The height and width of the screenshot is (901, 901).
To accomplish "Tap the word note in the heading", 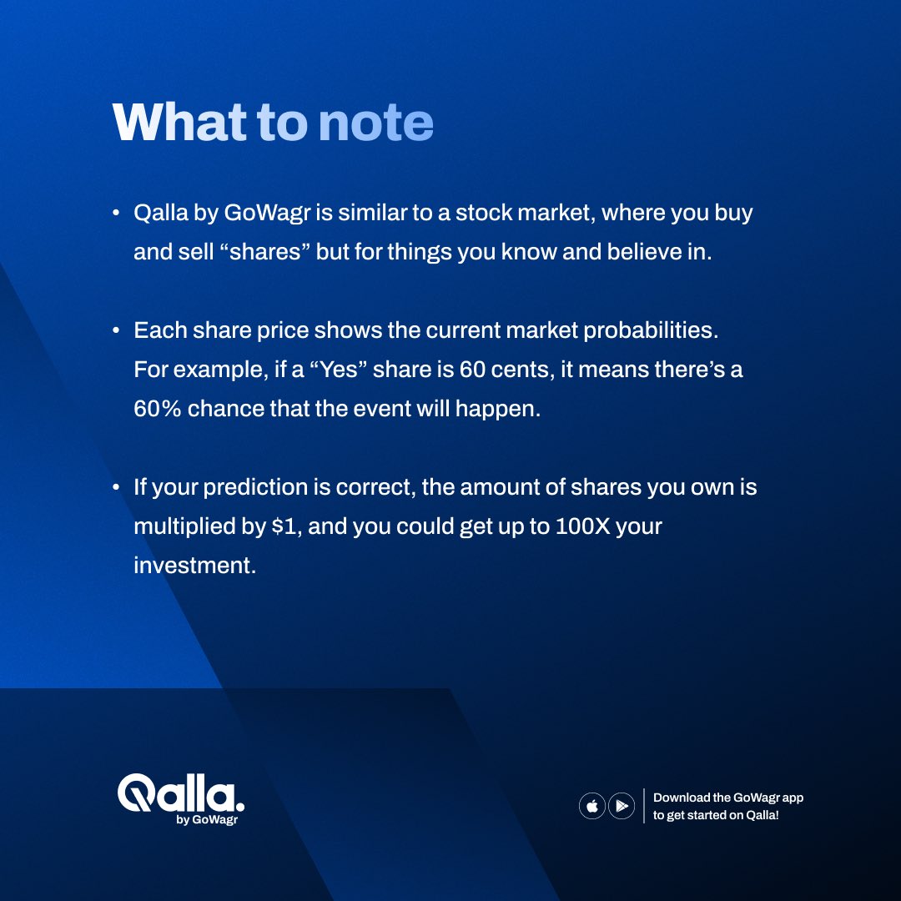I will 375,123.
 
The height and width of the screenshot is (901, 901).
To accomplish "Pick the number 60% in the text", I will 158,410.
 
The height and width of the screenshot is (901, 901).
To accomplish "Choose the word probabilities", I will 650,330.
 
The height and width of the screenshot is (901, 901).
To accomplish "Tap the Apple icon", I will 591,806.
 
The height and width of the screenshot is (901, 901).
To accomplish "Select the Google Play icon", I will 622,806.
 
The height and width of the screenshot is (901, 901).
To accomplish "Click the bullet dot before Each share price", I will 116,331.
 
